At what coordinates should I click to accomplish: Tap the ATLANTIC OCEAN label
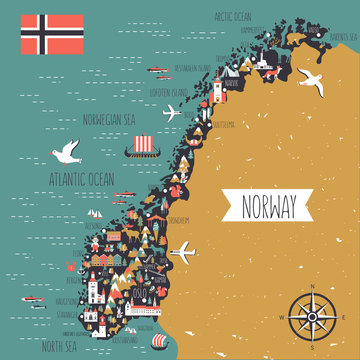[81, 180]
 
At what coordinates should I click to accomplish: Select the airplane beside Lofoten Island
[173, 110]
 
